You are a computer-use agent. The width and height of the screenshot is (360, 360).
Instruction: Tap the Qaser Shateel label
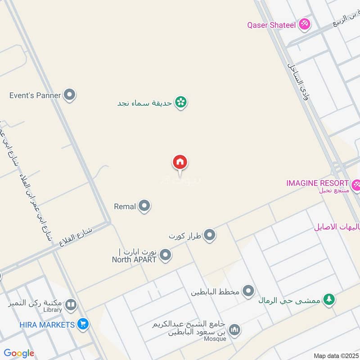tap(271, 25)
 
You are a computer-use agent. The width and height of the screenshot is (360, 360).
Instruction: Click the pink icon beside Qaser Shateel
tap(305, 24)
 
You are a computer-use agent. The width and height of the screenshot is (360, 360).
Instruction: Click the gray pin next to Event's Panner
tap(69, 95)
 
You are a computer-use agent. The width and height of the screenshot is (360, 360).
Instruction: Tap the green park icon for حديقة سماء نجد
tap(181, 103)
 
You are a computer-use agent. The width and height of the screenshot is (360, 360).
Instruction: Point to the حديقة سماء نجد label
tap(144, 103)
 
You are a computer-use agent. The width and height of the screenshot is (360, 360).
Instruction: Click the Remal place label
tap(125, 207)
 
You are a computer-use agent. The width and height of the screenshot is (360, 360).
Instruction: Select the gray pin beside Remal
tap(144, 206)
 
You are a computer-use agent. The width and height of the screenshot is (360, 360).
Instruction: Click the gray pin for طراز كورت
tap(209, 235)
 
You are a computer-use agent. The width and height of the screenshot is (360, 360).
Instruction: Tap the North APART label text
tap(134, 259)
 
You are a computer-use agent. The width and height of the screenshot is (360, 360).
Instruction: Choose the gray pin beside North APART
tap(166, 255)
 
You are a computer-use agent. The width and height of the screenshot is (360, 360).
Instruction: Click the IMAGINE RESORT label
tap(317, 183)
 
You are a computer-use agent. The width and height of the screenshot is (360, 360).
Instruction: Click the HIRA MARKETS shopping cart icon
tap(82, 324)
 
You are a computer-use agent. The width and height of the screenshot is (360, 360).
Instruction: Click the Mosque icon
tap(234, 331)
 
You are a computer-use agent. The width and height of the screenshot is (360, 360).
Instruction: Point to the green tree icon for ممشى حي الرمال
tap(329, 299)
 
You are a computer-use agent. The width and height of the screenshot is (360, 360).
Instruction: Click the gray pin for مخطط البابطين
tap(248, 292)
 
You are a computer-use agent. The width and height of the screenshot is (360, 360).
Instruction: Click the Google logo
tap(19, 353)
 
